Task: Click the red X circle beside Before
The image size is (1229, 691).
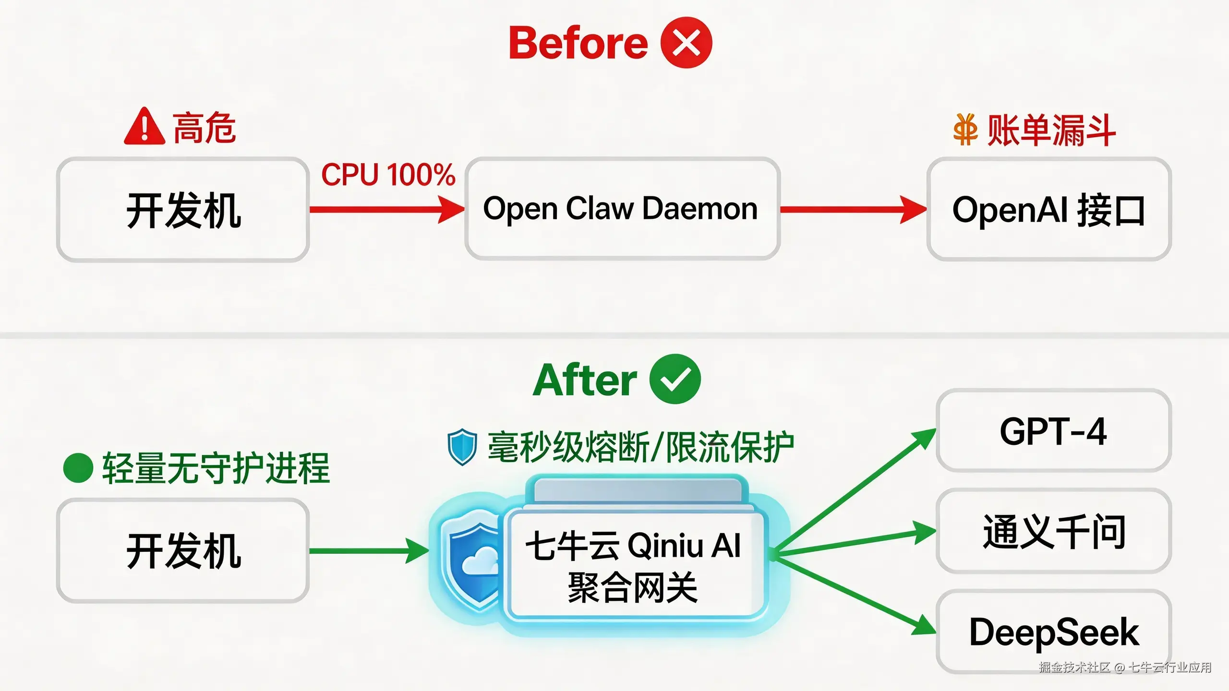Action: pyautogui.click(x=686, y=43)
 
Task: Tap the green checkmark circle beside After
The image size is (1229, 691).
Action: pyautogui.click(x=675, y=379)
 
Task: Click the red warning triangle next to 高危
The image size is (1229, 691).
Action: pyautogui.click(x=144, y=127)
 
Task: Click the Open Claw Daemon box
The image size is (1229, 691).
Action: pyautogui.click(x=622, y=209)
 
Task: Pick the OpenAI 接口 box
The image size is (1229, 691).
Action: pyautogui.click(x=1049, y=210)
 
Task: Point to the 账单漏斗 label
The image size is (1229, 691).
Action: pyautogui.click(x=1051, y=130)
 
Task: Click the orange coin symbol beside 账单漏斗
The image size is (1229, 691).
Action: pyautogui.click(x=965, y=130)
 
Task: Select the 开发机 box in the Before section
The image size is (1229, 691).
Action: pyautogui.click(x=183, y=210)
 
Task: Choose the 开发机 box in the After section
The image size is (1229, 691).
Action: pyautogui.click(x=183, y=550)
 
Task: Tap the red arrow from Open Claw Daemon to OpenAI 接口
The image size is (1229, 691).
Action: pyautogui.click(x=852, y=209)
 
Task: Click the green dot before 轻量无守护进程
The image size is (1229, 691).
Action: pyautogui.click(x=78, y=468)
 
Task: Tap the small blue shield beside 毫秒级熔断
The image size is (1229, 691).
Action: pyautogui.click(x=462, y=447)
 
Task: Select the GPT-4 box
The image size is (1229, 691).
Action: pyautogui.click(x=1053, y=431)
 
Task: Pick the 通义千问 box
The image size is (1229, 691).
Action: pyautogui.click(x=1053, y=531)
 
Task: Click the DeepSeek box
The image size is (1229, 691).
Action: pyautogui.click(x=1053, y=631)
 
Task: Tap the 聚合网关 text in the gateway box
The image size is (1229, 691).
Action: pyautogui.click(x=633, y=588)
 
